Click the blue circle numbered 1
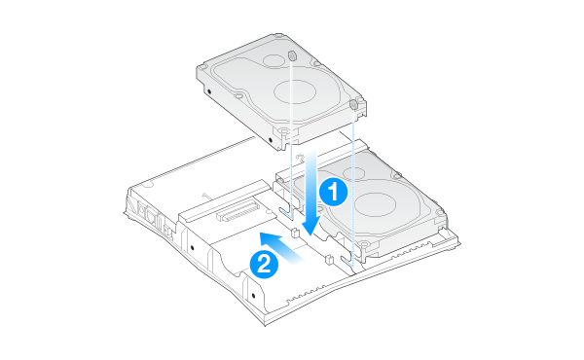333,192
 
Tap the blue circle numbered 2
264,264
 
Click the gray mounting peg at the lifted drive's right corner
354,104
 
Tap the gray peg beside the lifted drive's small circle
292,55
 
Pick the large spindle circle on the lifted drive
295,91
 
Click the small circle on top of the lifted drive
274,60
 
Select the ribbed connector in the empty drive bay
237,210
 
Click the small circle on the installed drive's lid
353,173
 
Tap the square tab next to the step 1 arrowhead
294,233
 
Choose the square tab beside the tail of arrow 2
329,259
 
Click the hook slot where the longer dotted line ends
347,260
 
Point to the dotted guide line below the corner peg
353,187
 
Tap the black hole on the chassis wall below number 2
254,296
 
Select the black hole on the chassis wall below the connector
192,247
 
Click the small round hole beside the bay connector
268,212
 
